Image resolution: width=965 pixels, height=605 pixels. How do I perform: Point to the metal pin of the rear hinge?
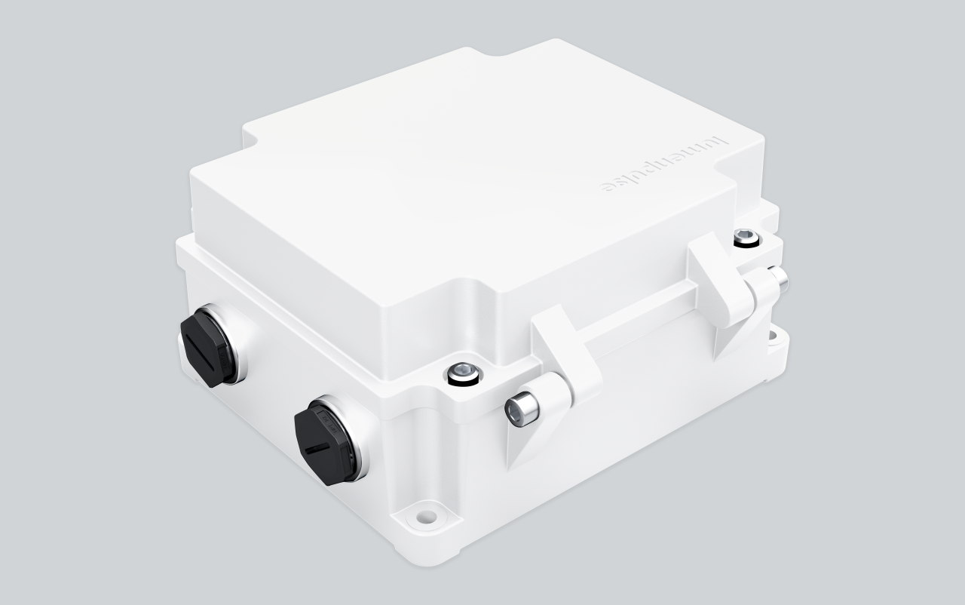click(x=778, y=280)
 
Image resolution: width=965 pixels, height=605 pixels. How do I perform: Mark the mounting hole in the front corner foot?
click(x=427, y=517)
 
